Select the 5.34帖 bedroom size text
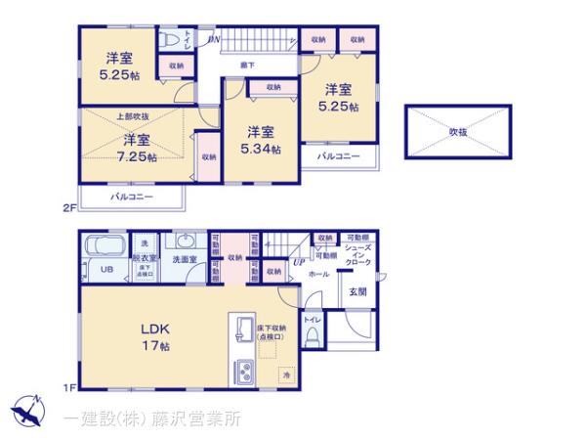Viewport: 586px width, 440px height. point(262,150)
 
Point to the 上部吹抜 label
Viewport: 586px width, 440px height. point(132,117)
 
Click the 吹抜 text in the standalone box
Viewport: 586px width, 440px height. point(458,129)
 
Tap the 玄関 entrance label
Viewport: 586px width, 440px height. point(358,292)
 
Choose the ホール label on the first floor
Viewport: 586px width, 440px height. point(318,276)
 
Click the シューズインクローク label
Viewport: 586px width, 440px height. point(357,256)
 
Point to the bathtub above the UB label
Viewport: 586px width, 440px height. point(103,244)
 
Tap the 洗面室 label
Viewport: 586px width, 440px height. point(185,259)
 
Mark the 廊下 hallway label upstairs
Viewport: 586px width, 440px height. point(249,65)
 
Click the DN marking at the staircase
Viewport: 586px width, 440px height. point(215,40)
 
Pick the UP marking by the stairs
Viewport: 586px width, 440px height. point(298,261)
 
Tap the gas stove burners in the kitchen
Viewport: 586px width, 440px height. point(243,372)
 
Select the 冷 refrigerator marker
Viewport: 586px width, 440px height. point(287,374)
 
